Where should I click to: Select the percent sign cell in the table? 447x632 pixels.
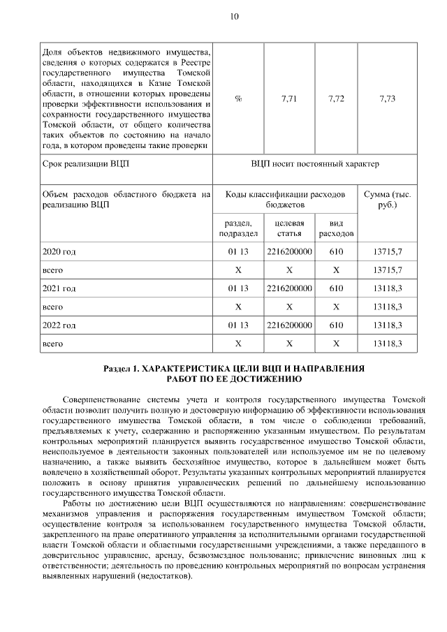(238, 98)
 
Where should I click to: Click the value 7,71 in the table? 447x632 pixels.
(289, 98)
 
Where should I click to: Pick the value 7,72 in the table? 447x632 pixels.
(336, 98)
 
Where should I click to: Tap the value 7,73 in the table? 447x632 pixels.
(388, 98)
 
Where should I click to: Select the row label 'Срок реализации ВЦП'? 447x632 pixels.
(86, 164)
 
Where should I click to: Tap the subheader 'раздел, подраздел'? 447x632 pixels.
(238, 227)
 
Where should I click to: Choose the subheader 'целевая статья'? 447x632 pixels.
(289, 227)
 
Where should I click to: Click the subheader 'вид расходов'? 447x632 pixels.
(336, 227)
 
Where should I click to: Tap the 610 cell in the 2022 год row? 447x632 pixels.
(336, 325)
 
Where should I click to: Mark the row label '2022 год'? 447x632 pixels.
(59, 325)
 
